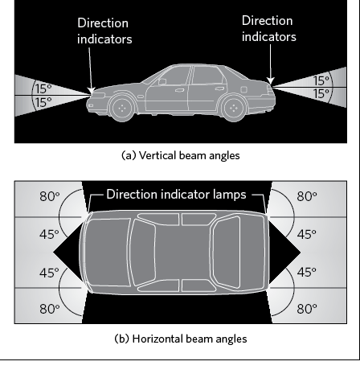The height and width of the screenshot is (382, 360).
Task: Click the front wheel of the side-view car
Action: pyautogui.click(x=122, y=108)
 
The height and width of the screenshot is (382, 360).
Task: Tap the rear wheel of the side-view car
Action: pyautogui.click(x=234, y=108)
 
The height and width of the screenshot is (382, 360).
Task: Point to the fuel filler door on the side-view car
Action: pyautogui.click(x=243, y=89)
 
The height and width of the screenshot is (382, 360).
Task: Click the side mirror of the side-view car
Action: pyautogui.click(x=162, y=81)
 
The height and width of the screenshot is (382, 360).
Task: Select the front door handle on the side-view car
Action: pyautogui.click(x=179, y=90)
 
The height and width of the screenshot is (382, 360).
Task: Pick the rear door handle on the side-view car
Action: pyautogui.click(x=219, y=88)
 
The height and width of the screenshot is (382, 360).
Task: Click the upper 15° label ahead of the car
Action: pyautogui.click(x=43, y=88)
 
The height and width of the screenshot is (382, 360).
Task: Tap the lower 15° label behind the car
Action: pyautogui.click(x=321, y=94)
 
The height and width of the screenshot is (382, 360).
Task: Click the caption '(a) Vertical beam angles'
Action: pyautogui.click(x=181, y=155)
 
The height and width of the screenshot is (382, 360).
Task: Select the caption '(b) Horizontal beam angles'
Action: pyautogui.click(x=181, y=339)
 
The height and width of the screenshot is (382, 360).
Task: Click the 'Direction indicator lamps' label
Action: pyautogui.click(x=176, y=195)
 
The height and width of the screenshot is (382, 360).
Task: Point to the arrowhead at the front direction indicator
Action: pyautogui.click(x=92, y=90)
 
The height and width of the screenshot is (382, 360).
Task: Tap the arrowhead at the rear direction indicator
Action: pyautogui.click(x=271, y=80)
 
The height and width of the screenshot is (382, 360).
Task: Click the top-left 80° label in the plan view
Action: pyautogui.click(x=50, y=196)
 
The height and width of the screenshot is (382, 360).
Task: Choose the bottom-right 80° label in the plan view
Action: pyautogui.click(x=307, y=309)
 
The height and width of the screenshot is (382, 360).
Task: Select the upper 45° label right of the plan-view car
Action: pyautogui.click(x=307, y=235)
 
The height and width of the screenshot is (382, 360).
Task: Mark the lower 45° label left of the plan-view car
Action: pyautogui.click(x=49, y=273)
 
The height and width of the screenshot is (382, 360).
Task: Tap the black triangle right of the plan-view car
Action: pyautogui.click(x=284, y=252)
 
